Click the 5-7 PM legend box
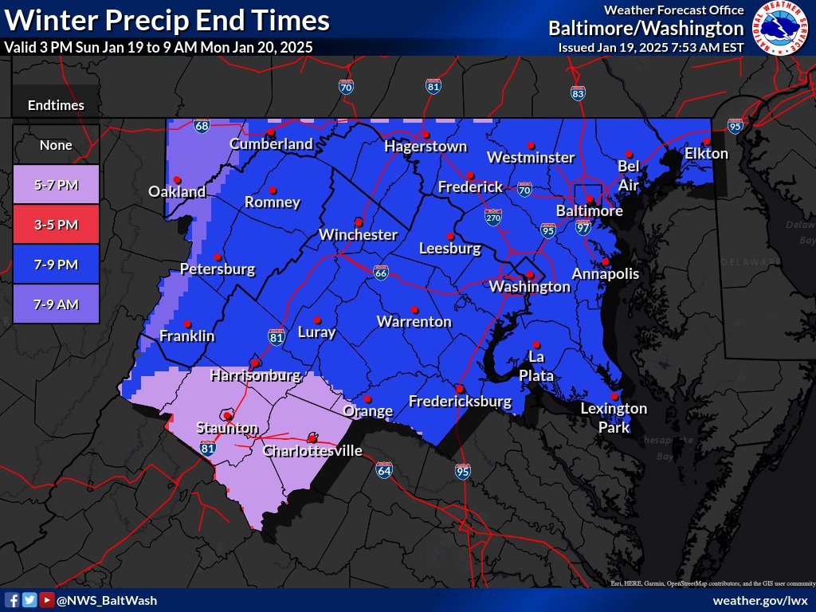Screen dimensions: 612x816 (x=56, y=185)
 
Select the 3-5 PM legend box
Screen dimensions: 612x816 (x=56, y=225)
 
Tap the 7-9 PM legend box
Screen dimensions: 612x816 (x=56, y=265)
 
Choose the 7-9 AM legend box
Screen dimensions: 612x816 (x=56, y=304)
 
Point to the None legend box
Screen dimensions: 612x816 (x=56, y=145)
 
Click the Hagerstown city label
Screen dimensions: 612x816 (x=426, y=147)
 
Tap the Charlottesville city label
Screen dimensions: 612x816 (x=312, y=451)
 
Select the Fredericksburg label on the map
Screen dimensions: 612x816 (x=460, y=402)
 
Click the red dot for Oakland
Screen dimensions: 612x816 (x=177, y=178)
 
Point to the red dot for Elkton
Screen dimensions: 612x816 (x=706, y=141)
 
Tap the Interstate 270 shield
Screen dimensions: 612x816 (x=494, y=217)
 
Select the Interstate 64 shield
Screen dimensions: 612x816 (x=384, y=470)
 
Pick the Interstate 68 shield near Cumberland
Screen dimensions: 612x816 (x=202, y=126)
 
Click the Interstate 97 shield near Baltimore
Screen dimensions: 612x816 (x=583, y=228)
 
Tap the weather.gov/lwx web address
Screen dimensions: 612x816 (x=760, y=600)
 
